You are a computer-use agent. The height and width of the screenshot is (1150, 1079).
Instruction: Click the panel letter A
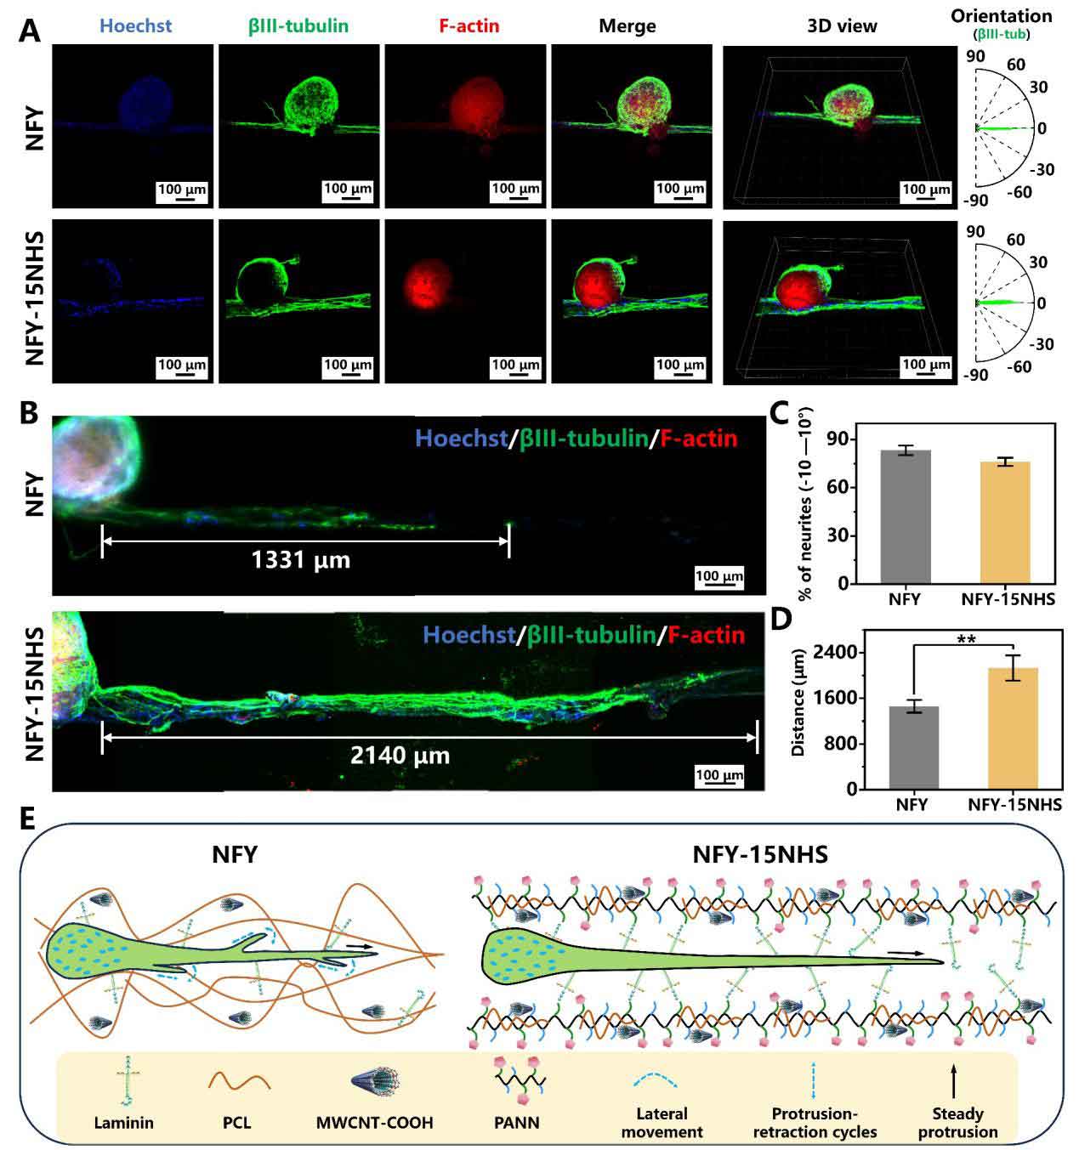click(x=31, y=30)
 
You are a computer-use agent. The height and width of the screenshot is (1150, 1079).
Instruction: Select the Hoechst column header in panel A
click(x=133, y=25)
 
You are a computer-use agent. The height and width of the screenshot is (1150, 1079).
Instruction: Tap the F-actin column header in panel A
click(x=469, y=25)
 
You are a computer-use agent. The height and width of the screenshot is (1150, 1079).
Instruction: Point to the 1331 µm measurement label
click(x=301, y=560)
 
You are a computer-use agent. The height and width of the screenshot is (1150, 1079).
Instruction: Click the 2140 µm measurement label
click(x=400, y=754)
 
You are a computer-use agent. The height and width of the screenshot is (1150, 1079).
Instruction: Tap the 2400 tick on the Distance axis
click(x=836, y=653)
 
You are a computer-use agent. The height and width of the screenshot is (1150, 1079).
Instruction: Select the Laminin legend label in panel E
click(x=124, y=1122)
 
